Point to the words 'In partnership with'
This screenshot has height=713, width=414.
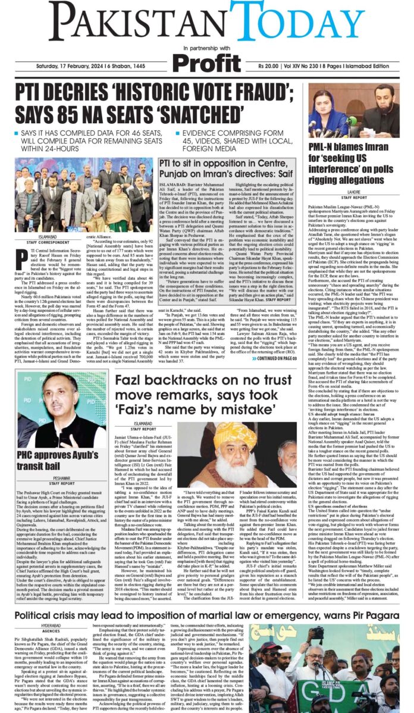pos(207,48)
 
